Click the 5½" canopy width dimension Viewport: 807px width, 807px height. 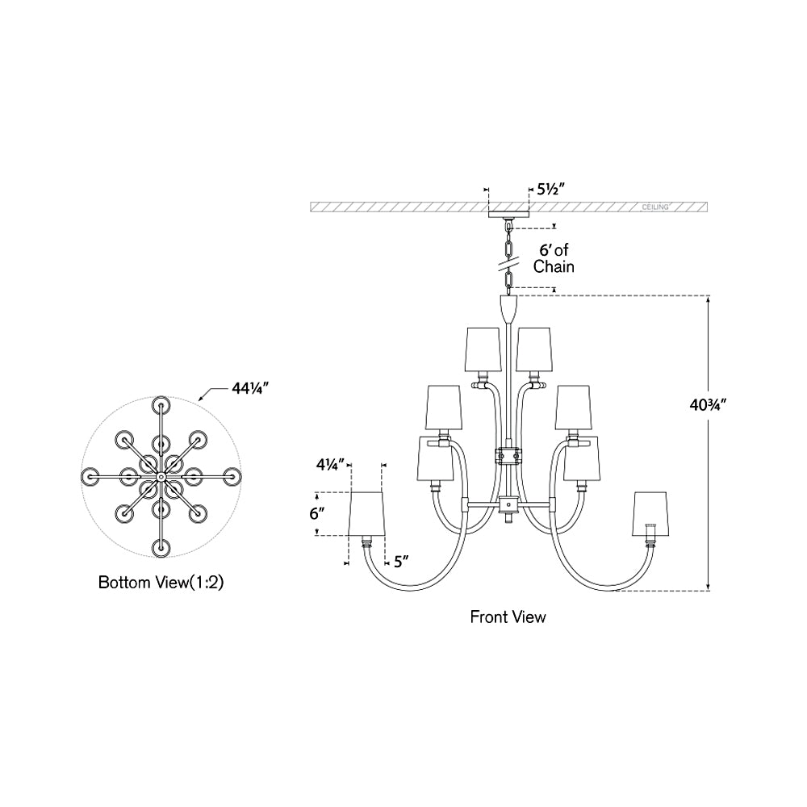pos(551,190)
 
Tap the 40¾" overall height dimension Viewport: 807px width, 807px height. pos(708,406)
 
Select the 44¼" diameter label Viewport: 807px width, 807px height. pos(251,389)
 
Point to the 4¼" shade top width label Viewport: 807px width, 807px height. pos(330,466)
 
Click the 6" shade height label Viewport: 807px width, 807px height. pos(317,513)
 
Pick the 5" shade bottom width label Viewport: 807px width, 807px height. pos(401,562)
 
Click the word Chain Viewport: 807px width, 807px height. pos(554,266)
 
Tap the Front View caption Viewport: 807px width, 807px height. pos(508,617)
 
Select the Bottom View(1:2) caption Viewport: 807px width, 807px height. pos(161,582)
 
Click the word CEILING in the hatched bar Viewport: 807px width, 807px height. pos(655,207)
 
